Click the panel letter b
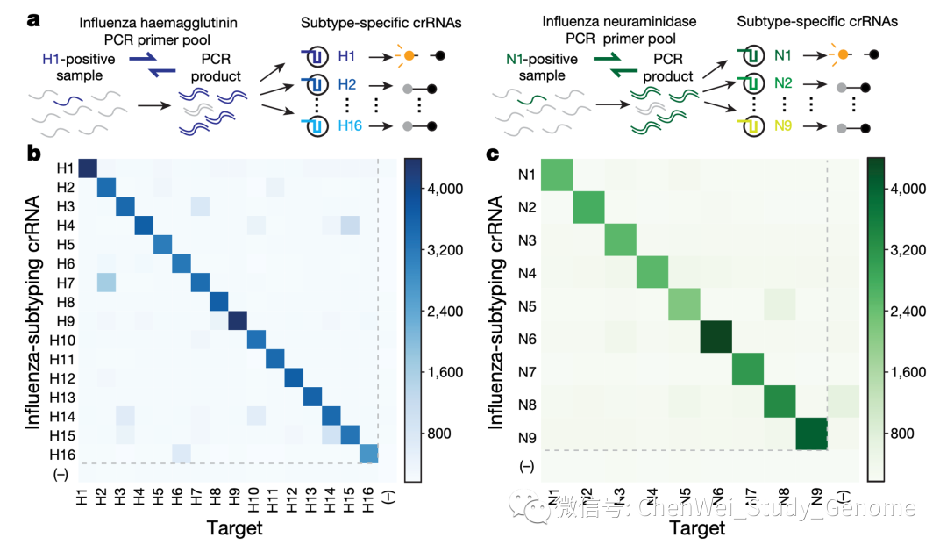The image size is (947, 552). (x=35, y=154)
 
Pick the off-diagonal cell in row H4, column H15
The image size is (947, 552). (x=351, y=226)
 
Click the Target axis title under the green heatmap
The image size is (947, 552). (x=698, y=528)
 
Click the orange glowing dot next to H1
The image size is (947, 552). (x=408, y=57)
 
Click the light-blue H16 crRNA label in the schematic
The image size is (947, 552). (x=351, y=127)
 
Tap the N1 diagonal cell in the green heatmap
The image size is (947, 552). (x=554, y=174)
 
